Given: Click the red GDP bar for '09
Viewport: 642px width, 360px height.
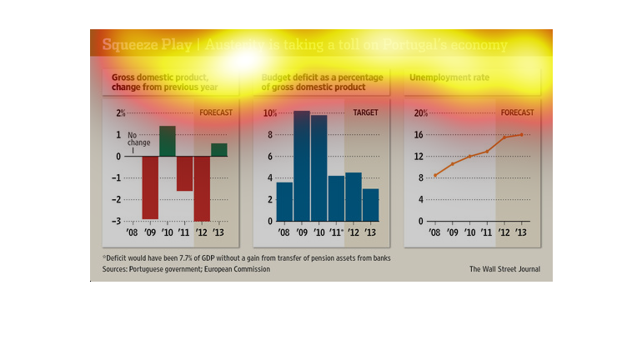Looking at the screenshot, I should [x=150, y=187].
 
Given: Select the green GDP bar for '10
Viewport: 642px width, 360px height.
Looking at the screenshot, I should [x=167, y=141].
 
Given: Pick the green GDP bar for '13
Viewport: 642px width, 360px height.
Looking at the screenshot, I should [x=218, y=149].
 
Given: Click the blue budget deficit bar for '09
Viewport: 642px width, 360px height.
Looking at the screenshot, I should [x=301, y=166].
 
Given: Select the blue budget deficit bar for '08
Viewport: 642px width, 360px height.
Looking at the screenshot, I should [x=284, y=202].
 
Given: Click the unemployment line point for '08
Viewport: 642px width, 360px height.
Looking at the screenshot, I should [x=434, y=175].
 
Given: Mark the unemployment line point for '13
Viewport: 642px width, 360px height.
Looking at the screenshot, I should [x=522, y=134].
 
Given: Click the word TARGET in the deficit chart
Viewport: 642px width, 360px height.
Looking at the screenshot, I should [x=365, y=112].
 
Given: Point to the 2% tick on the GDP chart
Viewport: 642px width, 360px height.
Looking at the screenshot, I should [x=121, y=112].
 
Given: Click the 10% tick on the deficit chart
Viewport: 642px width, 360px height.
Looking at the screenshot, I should [x=269, y=113].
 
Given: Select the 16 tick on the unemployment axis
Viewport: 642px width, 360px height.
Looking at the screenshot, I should [x=420, y=135].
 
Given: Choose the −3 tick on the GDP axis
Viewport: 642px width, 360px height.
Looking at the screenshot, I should [x=119, y=221].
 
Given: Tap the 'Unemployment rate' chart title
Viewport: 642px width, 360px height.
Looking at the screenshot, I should [x=448, y=78].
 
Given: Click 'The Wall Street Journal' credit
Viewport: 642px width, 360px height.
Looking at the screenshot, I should [x=504, y=269].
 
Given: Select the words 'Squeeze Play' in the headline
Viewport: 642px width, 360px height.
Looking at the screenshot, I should [x=137, y=45].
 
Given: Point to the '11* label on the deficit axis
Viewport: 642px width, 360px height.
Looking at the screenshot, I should [x=337, y=232].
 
